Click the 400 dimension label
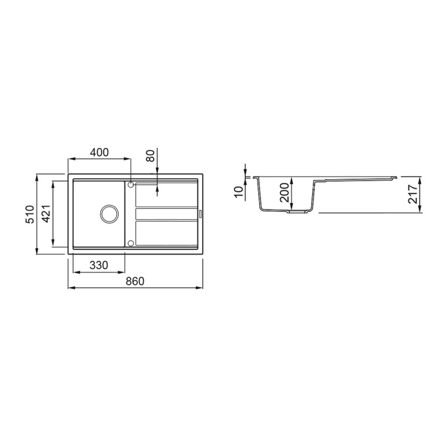tap(100, 152)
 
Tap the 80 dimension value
tap(150, 156)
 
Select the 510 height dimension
tap(30, 214)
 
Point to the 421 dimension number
tap(46, 214)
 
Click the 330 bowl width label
tap(99, 265)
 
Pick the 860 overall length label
tap(135, 281)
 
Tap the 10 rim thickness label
tap(238, 192)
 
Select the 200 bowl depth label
tap(284, 193)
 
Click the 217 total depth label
tap(413, 194)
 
